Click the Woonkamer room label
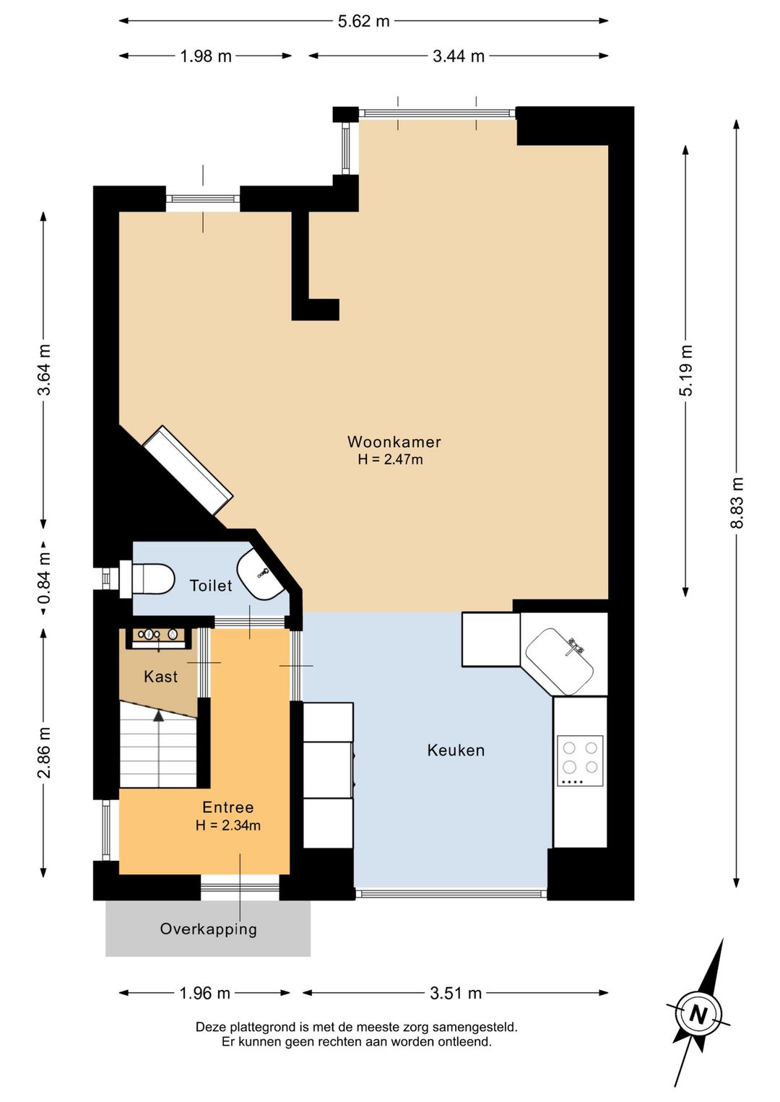[394, 441]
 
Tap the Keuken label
[456, 750]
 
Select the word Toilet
[211, 586]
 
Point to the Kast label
[160, 677]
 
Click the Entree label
[227, 807]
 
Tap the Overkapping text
[208, 929]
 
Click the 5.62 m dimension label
[364, 21]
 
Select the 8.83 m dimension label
[736, 502]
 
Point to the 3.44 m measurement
[458, 56]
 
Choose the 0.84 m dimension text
[44, 578]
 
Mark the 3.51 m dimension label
[456, 993]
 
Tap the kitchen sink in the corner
[560, 661]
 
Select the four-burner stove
[580, 760]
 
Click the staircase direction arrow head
[158, 716]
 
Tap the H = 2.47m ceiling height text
[390, 459]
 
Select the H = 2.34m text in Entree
[227, 825]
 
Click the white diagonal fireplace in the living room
[188, 470]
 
